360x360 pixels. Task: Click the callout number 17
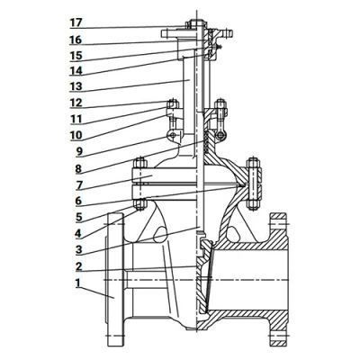76,22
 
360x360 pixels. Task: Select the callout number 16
76,40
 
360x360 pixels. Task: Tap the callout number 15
76,56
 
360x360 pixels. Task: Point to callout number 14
76,71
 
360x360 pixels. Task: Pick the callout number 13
76,86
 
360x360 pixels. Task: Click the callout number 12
76,103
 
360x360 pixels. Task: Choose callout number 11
76,119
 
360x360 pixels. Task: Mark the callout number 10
76,135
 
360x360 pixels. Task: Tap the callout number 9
79,151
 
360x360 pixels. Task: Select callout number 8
78,169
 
